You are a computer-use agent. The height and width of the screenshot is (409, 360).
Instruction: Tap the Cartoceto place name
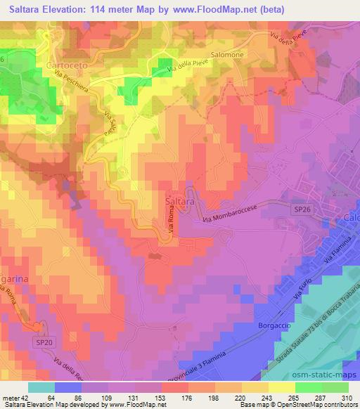point(46,65)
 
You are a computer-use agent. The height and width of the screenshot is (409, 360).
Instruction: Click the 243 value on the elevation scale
point(255,398)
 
